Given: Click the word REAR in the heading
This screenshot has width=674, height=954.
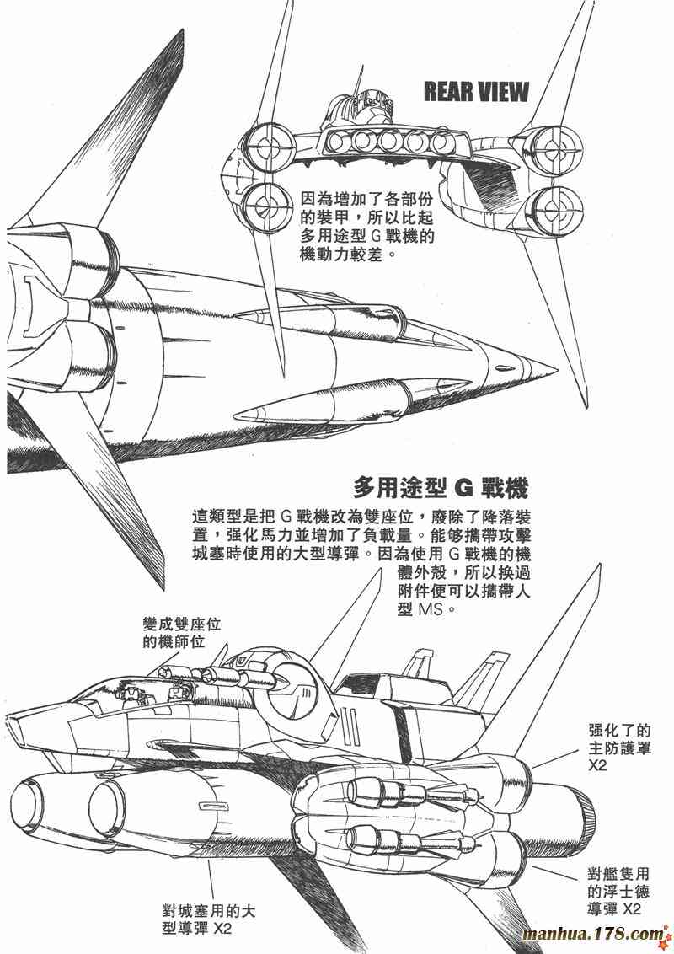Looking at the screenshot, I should pyautogui.click(x=452, y=91).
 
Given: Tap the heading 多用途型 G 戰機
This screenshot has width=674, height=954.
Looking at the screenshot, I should pyautogui.click(x=441, y=489).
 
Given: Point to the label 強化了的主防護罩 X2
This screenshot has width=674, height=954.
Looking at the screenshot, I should pyautogui.click(x=620, y=746).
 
